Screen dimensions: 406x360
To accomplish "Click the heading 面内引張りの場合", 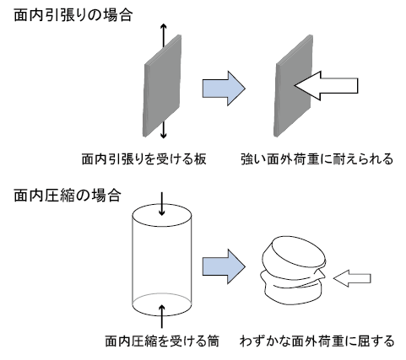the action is (x=73, y=15).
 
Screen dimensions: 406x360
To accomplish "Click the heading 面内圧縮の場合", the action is (x=68, y=196).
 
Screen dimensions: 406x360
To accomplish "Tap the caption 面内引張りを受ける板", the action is (x=144, y=159).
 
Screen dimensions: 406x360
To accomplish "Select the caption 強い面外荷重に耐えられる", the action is (x=317, y=159).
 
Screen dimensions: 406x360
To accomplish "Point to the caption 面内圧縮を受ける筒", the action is (x=162, y=341).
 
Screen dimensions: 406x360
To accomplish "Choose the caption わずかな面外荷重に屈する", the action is (x=317, y=341).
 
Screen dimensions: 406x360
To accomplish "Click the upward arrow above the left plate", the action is (x=164, y=35).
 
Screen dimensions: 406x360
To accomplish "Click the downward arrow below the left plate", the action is (x=163, y=129).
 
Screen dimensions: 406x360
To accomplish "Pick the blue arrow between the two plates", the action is (x=224, y=89).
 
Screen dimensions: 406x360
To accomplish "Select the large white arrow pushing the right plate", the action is (x=326, y=86).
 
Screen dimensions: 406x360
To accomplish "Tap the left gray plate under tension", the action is (x=162, y=86).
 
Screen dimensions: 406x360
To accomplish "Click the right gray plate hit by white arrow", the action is (x=294, y=86).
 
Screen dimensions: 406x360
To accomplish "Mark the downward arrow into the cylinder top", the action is (x=161, y=204).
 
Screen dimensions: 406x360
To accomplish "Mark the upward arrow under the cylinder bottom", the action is (x=162, y=316).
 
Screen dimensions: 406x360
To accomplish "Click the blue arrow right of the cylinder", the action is (x=224, y=266).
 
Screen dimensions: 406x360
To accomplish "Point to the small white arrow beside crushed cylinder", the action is (x=352, y=278).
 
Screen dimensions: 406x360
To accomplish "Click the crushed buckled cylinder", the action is (x=294, y=271).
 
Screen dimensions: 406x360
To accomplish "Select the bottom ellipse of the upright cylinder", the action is (x=162, y=304).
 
